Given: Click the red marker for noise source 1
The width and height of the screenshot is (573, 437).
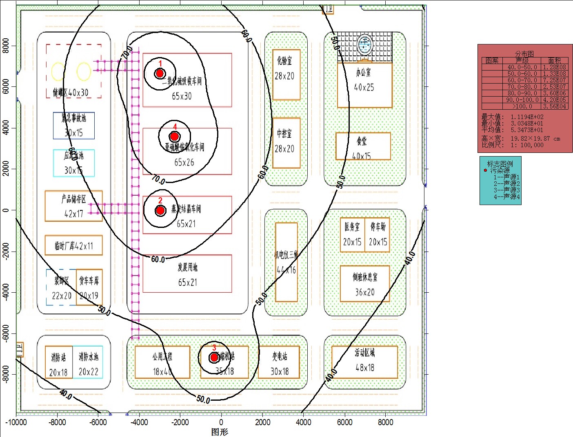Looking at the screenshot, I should tap(160, 73).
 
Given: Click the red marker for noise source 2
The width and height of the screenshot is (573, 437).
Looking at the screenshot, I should tap(160, 210).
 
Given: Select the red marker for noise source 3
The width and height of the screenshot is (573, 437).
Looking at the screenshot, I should tap(214, 358).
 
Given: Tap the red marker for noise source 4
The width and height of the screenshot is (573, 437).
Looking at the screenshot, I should tap(174, 136).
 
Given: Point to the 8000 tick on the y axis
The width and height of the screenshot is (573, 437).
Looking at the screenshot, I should tap(6, 46).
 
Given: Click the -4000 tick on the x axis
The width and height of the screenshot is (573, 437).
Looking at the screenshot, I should tap(139, 422).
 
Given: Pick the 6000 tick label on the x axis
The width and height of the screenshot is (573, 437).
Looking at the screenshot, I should tap(344, 422).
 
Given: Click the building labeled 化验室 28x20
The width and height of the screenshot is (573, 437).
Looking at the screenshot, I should tap(286, 75).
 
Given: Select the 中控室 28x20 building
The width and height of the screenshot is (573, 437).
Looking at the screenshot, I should tap(286, 143).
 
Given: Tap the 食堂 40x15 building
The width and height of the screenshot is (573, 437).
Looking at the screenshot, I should tap(363, 146).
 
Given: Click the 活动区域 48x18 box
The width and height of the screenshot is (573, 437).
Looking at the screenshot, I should tap(364, 362).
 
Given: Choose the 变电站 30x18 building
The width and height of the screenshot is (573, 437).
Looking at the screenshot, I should tap(279, 362).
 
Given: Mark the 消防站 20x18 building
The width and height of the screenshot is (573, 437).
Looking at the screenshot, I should tap(59, 362).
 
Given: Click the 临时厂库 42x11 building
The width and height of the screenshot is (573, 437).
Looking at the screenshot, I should tap(73, 245).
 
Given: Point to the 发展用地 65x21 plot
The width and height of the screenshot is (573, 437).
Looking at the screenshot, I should tap(187, 274).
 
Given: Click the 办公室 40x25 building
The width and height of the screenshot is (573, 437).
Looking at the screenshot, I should tap(364, 85).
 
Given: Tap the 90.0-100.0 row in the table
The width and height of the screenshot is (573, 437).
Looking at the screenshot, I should tap(522, 99).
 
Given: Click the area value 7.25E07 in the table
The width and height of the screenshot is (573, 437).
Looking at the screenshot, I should tap(554, 80).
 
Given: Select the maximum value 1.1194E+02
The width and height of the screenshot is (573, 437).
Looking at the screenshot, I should tap(527, 117).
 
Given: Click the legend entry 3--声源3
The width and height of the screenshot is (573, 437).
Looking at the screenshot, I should tap(506, 190).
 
